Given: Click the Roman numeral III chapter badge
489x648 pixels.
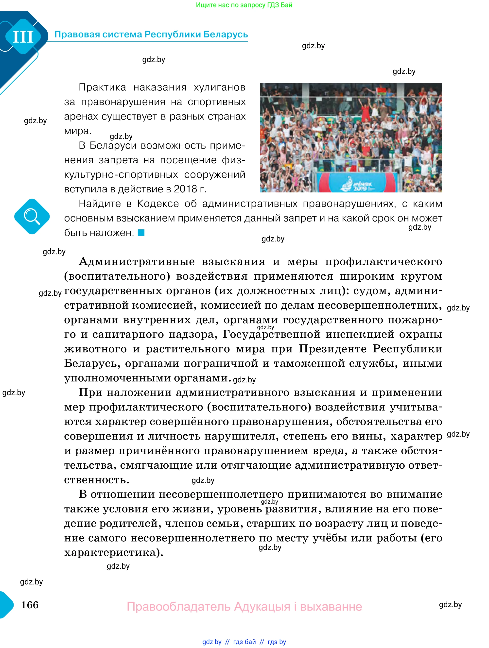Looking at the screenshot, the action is pos(23,37).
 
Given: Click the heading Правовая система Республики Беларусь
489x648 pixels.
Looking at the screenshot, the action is pos(151,34).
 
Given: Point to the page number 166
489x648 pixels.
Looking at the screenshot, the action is pos(30,605).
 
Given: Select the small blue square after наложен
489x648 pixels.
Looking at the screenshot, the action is pos(141,233).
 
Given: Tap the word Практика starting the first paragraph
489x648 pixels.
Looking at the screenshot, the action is pos(102,87).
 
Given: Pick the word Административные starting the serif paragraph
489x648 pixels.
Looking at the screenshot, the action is pos(137,261).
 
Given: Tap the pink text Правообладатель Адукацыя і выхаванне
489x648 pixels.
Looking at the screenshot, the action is pos(244,606).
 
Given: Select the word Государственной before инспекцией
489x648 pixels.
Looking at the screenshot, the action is pos(271,334).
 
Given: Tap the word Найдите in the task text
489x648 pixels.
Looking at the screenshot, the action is pos(100,204).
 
